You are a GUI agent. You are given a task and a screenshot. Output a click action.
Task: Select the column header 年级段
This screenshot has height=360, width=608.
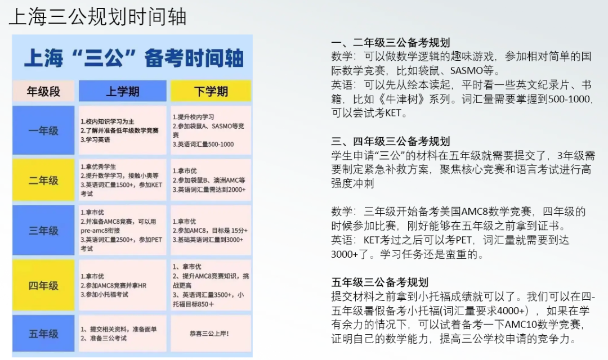43,91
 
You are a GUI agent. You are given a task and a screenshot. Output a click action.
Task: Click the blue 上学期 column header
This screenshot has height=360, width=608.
123,91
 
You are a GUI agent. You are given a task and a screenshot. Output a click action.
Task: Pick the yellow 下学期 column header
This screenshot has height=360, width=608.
211,91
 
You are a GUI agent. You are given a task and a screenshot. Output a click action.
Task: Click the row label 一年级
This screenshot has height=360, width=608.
43,130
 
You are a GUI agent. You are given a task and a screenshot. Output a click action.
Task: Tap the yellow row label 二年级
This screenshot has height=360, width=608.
43,180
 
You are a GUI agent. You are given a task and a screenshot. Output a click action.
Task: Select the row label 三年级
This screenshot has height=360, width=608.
43,231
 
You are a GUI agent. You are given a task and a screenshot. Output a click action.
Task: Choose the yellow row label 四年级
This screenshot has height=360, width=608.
43,285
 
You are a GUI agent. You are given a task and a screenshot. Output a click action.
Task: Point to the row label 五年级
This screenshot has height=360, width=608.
43,334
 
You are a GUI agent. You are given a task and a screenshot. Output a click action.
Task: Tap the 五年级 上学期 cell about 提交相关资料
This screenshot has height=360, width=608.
123,334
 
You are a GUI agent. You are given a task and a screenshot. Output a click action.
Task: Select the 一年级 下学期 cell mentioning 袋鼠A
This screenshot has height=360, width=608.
211,130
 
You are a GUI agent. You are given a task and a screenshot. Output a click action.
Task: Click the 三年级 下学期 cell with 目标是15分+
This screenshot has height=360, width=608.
211,231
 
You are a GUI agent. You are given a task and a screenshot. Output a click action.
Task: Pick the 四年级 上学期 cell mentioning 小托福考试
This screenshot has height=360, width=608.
123,285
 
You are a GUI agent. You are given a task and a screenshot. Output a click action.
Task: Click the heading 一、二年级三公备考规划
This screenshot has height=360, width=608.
391,43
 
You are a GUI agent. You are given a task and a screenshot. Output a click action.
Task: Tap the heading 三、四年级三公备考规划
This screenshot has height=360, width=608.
391,141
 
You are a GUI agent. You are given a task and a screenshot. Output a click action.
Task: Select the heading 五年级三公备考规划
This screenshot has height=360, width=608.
380,282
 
